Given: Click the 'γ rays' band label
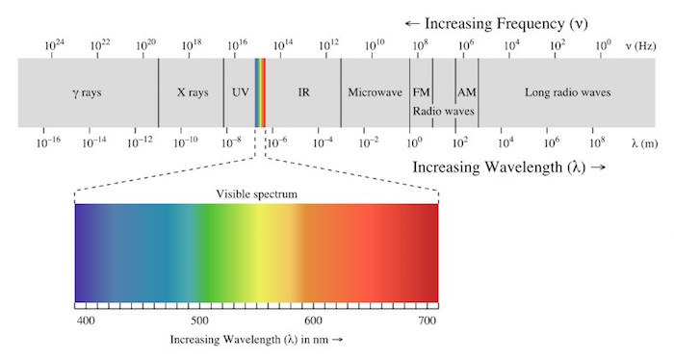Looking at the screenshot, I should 88,93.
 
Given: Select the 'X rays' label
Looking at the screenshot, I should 192,93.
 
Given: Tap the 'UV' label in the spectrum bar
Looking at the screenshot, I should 240,93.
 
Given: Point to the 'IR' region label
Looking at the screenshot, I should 303,93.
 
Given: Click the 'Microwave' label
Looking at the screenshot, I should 375,93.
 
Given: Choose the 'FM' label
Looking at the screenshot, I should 421,93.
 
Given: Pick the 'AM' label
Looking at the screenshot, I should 467,93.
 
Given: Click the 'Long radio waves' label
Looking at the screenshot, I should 567,93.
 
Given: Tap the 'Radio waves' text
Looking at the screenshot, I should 444,111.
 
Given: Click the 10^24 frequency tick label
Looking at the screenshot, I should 55,44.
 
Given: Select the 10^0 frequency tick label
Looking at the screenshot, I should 603,44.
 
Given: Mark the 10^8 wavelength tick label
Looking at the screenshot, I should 597,142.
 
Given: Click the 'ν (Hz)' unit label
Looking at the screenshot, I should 641,45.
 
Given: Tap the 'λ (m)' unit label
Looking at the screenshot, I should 645,142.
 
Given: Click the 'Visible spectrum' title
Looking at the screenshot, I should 255,193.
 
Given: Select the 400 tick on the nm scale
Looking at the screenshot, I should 85,319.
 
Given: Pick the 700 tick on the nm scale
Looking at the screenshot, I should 426,319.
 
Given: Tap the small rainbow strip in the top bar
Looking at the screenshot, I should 260,92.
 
